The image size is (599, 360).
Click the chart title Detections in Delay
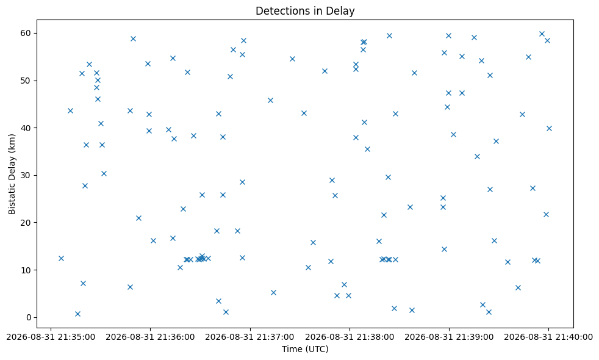click(x=305, y=11)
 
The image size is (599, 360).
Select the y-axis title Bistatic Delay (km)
click(x=12, y=174)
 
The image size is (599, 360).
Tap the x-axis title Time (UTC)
click(x=305, y=349)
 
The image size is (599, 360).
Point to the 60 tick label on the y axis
click(x=26, y=33)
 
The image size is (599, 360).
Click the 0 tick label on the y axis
click(x=29, y=317)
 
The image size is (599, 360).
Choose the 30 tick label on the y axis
click(x=26, y=175)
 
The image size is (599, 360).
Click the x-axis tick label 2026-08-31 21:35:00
click(x=51, y=337)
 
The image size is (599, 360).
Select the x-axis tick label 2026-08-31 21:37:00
click(x=250, y=337)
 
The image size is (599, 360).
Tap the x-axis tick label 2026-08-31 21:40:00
click(x=548, y=337)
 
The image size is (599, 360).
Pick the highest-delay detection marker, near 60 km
click(x=542, y=34)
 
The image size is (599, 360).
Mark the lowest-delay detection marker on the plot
click(x=77, y=314)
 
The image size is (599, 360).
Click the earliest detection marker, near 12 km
click(x=61, y=258)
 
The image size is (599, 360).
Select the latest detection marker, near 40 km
click(x=549, y=128)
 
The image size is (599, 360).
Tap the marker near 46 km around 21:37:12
click(x=270, y=101)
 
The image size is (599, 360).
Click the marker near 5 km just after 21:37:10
click(x=273, y=293)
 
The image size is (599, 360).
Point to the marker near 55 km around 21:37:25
click(x=292, y=59)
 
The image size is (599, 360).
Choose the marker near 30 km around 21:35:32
click(x=104, y=173)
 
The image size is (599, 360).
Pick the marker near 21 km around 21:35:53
click(x=138, y=218)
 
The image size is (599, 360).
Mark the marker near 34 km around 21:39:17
click(x=477, y=156)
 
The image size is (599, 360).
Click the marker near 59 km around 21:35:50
click(x=134, y=38)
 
